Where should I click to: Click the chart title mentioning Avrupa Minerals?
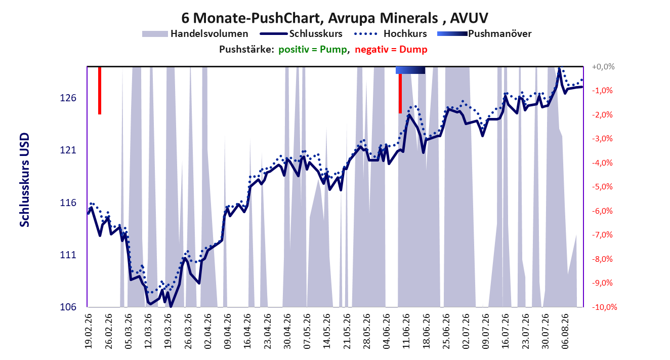pyautogui.click(x=334, y=18)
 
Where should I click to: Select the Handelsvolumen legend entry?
pyautogui.click(x=195, y=33)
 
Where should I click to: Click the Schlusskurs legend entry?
pyautogui.click(x=301, y=33)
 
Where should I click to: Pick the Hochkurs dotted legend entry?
pyautogui.click(x=390, y=33)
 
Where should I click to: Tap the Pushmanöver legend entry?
pyautogui.click(x=484, y=33)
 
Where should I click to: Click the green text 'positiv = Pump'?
pyautogui.click(x=313, y=50)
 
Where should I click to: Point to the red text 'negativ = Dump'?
pyautogui.click(x=391, y=50)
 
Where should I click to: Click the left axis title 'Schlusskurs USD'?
pyautogui.click(x=24, y=180)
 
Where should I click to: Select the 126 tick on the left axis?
pyautogui.click(x=68, y=98)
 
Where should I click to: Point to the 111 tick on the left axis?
pyautogui.click(x=68, y=255)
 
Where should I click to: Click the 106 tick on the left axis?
pyautogui.click(x=68, y=307)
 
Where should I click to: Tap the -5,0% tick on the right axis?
pyautogui.click(x=602, y=187)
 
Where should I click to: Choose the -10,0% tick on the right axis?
pyautogui.click(x=605, y=307)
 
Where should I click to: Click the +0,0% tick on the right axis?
pyautogui.click(x=603, y=67)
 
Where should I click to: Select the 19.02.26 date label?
pyautogui.click(x=88, y=331)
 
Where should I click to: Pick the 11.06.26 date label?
pyautogui.click(x=406, y=331)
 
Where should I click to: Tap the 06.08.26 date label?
pyautogui.click(x=565, y=331)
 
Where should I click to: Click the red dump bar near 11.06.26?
pyautogui.click(x=400, y=93)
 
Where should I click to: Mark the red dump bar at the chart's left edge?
pyautogui.click(x=100, y=91)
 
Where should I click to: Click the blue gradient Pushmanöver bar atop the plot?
pyautogui.click(x=410, y=70)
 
